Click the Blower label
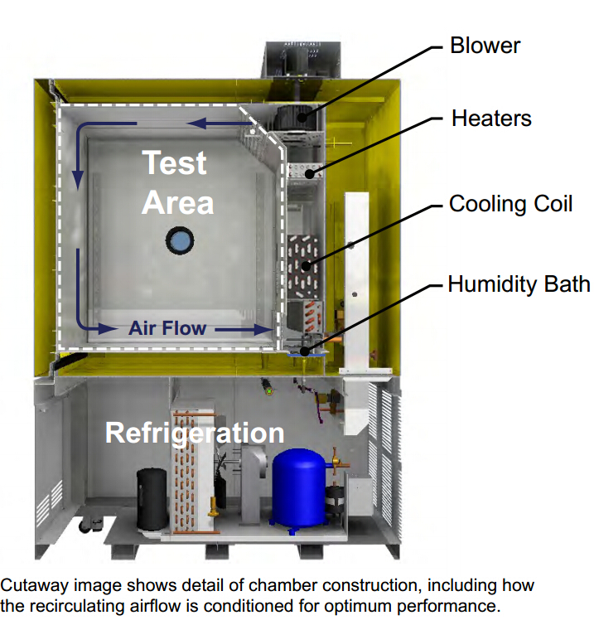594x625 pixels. [x=484, y=45]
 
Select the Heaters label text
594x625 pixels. [x=491, y=119]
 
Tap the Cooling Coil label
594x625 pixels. [x=510, y=204]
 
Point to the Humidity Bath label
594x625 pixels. [x=519, y=284]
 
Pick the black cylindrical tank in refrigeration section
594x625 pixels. [x=152, y=498]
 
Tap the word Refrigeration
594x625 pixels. [x=195, y=432]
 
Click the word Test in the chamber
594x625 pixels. [x=174, y=162]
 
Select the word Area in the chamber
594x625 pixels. [x=177, y=202]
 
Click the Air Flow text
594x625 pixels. [x=167, y=328]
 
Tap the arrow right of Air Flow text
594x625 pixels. [x=245, y=329]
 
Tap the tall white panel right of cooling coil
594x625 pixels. [x=357, y=265]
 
